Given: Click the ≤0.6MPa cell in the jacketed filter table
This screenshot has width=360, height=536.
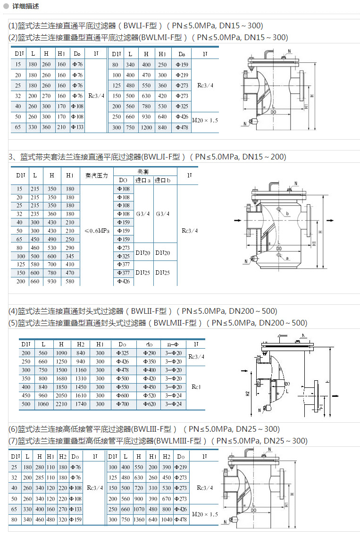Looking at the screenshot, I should (97, 231).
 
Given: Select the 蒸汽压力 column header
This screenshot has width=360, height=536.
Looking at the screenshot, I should (97, 175).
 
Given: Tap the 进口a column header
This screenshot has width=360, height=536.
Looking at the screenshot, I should (143, 180).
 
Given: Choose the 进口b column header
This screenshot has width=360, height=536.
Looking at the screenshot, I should (163, 180).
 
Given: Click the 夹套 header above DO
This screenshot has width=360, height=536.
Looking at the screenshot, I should (143, 172).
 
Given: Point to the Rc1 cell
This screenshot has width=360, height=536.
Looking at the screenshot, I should (196, 387).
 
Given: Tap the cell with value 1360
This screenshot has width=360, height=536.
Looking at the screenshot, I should (139, 519).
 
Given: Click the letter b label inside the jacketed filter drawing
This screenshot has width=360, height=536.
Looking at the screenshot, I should (286, 213).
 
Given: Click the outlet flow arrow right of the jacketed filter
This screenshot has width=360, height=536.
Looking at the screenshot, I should (330, 220).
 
